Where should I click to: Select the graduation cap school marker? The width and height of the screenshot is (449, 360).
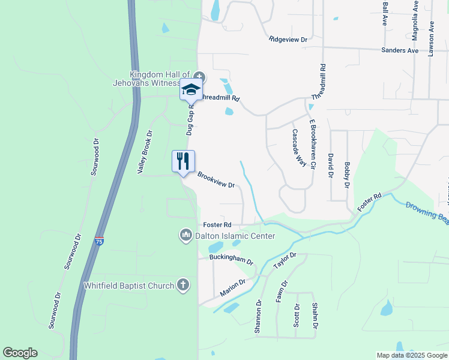pyautogui.click(x=191, y=89)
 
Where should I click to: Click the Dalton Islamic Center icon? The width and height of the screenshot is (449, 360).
pyautogui.click(x=186, y=235)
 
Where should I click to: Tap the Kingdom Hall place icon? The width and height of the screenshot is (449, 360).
pyautogui.click(x=199, y=77)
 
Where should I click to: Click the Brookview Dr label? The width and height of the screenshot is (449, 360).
pyautogui.click(x=215, y=180)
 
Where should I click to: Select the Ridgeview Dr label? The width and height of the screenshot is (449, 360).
pyautogui.click(x=288, y=40)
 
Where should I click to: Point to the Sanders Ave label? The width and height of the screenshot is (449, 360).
pyautogui.click(x=400, y=50)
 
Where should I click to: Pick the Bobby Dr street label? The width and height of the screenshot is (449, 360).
pyautogui.click(x=346, y=174)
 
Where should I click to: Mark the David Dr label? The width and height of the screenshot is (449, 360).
pyautogui.click(x=330, y=166)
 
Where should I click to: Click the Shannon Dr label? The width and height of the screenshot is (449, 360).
pyautogui.click(x=259, y=317)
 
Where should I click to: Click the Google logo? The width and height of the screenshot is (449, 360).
pyautogui.click(x=20, y=353)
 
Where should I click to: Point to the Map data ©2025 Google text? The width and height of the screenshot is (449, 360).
pyautogui.click(x=411, y=355)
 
